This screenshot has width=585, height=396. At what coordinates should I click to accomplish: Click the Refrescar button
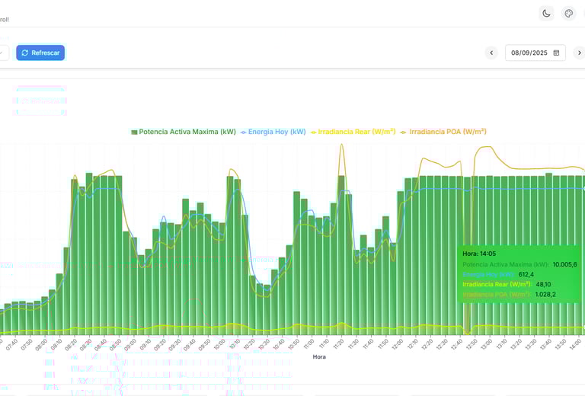click(40, 53)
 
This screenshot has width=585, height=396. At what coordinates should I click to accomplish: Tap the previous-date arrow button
click(491, 53)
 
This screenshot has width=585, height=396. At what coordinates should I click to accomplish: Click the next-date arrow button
click(579, 53)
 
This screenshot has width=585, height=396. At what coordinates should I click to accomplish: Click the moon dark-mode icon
click(546, 13)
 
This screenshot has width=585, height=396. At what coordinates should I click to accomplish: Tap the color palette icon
click(568, 13)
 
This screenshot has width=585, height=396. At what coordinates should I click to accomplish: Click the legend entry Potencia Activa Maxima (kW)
click(184, 132)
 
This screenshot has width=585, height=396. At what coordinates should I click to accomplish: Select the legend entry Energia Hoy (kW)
click(273, 132)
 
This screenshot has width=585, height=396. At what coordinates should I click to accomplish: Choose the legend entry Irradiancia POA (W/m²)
click(443, 132)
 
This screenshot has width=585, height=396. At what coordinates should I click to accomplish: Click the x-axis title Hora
click(319, 356)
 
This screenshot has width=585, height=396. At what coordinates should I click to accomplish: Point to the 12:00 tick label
click(397, 344)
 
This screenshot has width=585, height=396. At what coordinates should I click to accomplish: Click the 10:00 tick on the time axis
click(219, 344)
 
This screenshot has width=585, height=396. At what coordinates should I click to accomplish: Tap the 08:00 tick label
click(40, 344)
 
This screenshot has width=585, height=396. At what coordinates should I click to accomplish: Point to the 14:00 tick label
click(575, 344)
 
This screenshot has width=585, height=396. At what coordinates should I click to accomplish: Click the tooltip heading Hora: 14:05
click(479, 254)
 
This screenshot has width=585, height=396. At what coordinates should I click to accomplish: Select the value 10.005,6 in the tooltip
click(564, 264)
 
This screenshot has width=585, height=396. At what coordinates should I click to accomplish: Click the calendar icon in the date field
click(556, 53)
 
